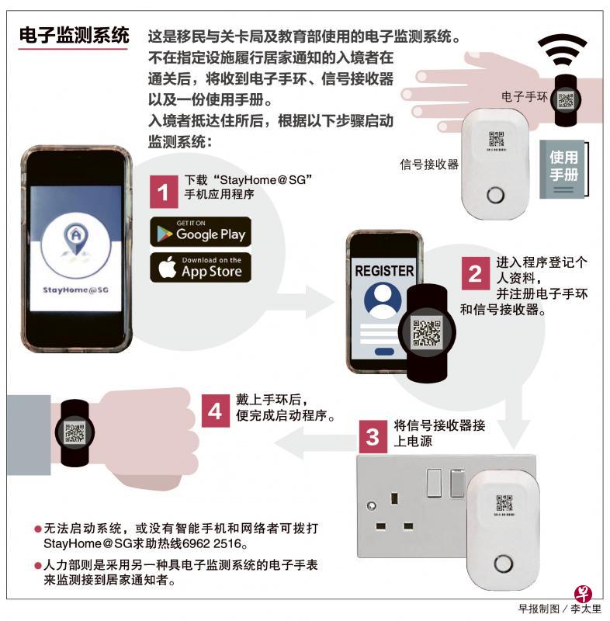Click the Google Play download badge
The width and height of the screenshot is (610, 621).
200,231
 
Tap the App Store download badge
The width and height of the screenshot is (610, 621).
200,267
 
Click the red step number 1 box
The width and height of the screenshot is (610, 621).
164,192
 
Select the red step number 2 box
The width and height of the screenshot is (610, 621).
475,273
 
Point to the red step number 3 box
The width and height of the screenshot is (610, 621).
373,436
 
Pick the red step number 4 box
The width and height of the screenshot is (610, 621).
215,411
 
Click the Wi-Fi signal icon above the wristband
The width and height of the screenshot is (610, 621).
562,50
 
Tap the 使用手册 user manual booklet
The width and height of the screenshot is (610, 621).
563,168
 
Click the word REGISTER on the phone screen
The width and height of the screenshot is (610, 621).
384,271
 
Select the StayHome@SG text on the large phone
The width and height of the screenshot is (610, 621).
75,290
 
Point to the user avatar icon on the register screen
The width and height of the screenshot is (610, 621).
383,300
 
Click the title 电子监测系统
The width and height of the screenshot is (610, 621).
75,35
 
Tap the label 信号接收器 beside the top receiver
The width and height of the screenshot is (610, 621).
429,164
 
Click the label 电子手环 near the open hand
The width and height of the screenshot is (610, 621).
524,96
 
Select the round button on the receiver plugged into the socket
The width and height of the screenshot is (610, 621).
503,564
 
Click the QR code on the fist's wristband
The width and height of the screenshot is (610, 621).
75,433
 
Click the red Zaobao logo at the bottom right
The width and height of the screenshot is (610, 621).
583,594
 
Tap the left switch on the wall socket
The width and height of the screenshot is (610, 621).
434,482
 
